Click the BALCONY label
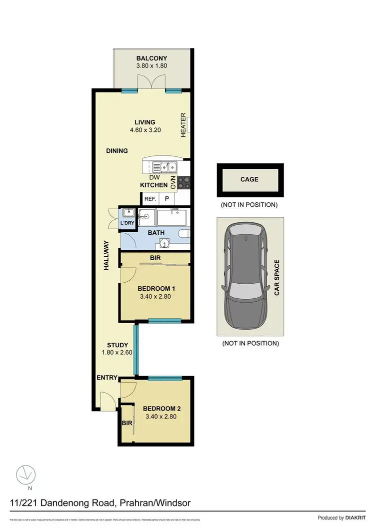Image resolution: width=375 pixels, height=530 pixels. pos(151,58)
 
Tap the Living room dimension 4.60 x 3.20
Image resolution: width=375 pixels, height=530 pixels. pos(144,130)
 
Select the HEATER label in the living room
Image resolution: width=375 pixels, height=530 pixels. pos(183,125)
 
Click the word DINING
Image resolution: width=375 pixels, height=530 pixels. pos(116,151)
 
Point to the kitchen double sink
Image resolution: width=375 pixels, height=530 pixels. pos(165,167)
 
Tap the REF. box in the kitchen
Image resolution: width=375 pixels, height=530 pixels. pos(150,199)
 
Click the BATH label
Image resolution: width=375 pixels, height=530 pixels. pos(155,233)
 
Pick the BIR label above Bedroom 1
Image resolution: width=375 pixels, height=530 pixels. pos(155,258)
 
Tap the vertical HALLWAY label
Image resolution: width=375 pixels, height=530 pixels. pos(106,256)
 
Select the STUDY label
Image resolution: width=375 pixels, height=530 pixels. pos(118,345)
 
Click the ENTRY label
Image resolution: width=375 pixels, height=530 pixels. pos(107,378)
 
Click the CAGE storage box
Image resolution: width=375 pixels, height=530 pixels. pos(249,179)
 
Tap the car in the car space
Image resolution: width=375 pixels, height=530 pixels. pos(245,276)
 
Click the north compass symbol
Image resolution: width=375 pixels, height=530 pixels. pos(25,474)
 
